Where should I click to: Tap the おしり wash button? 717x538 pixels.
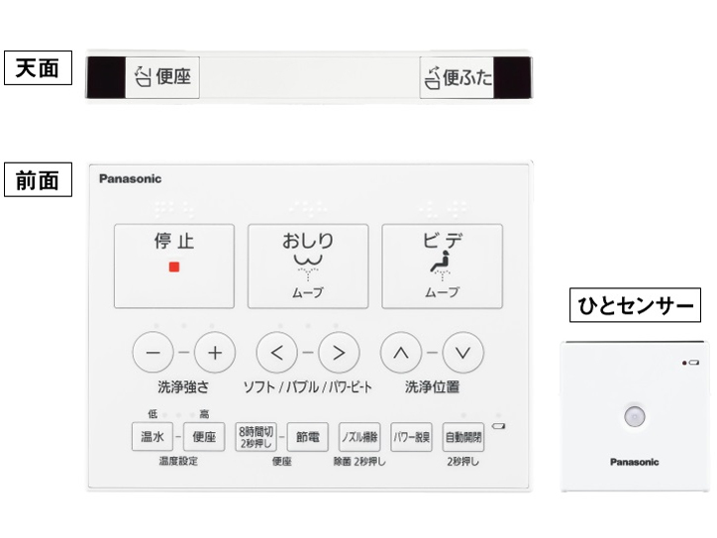point(308,266)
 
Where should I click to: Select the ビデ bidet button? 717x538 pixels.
point(442,266)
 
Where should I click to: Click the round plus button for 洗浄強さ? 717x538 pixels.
point(214,352)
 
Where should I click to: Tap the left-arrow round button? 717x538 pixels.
point(276,352)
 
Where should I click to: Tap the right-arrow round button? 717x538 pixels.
point(338,352)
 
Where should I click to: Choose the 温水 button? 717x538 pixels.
point(151,436)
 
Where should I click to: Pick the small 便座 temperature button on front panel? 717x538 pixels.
point(203,436)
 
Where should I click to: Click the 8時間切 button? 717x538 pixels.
point(256,436)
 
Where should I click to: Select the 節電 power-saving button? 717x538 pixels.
point(308,436)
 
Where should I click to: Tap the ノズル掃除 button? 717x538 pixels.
point(359,436)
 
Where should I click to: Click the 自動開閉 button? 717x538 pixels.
point(462,436)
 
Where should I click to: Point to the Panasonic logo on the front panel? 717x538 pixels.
point(130,179)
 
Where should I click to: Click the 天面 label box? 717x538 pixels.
point(40,71)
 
